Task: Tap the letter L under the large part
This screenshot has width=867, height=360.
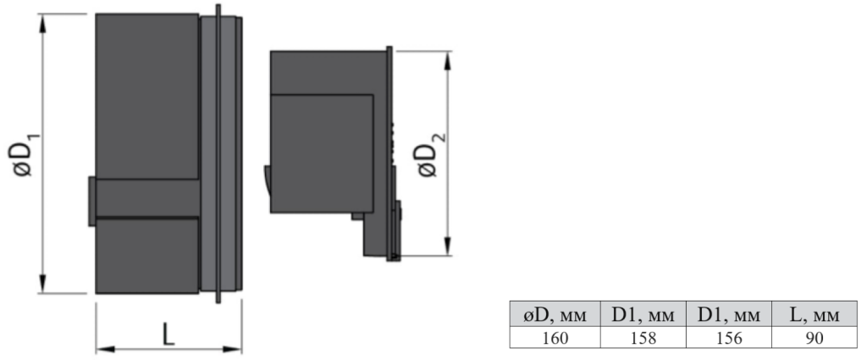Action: pos(168,334)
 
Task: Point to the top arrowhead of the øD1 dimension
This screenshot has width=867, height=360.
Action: pos(43,24)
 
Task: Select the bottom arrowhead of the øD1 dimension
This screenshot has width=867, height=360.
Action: pos(43,283)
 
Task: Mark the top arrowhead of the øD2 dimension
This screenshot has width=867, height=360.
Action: pos(447,61)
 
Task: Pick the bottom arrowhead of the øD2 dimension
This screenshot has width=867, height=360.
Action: pos(447,246)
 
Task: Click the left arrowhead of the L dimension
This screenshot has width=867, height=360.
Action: pos(106,349)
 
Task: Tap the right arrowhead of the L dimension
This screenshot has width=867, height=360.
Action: pos(232,349)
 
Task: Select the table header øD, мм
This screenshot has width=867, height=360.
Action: pos(555,315)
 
